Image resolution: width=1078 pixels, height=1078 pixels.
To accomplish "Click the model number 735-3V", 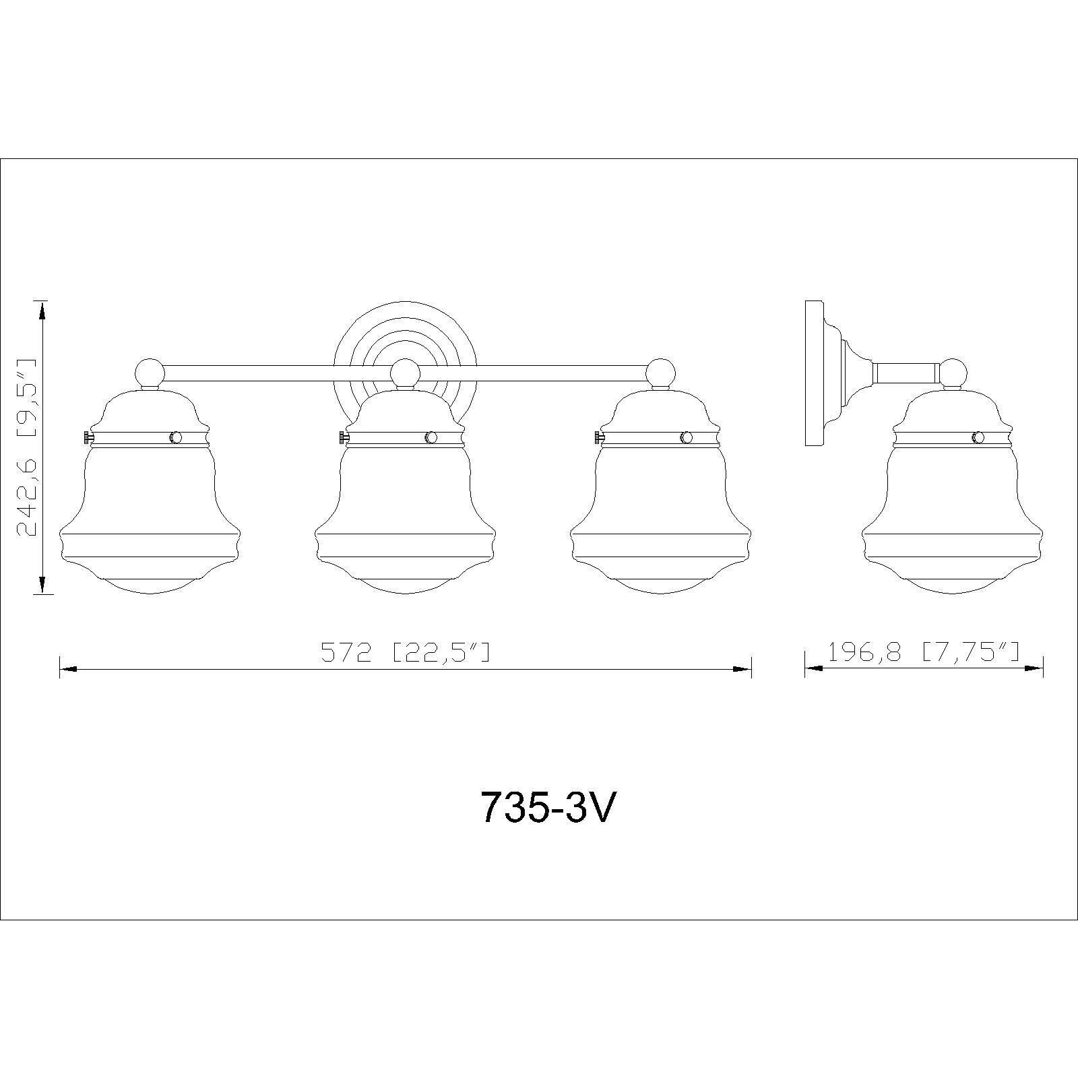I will (547, 806).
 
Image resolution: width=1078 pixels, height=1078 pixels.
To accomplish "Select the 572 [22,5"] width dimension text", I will (405, 652).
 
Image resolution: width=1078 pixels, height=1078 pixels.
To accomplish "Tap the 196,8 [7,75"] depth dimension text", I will (923, 652).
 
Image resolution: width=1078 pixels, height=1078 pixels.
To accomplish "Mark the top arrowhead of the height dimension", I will (42, 311).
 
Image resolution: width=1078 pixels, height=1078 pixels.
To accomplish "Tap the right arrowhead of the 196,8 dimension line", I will (1034, 668).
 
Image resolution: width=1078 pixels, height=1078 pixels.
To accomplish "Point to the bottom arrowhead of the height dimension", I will (42, 583).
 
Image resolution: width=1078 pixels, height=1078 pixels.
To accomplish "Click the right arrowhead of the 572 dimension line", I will (742, 669).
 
